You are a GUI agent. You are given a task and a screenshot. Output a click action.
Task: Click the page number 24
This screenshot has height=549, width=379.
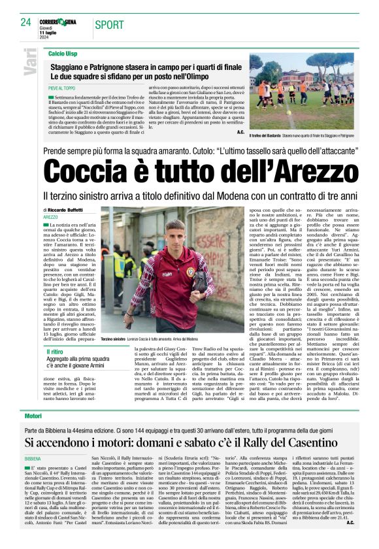[x=25, y=22]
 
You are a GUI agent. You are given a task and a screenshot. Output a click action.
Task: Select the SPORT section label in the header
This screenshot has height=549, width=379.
[x=108, y=25]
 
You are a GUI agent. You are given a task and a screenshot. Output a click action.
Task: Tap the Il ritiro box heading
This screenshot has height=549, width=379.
[x=57, y=352]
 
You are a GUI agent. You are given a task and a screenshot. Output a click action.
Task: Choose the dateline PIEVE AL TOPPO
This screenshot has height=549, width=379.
[x=63, y=86]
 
